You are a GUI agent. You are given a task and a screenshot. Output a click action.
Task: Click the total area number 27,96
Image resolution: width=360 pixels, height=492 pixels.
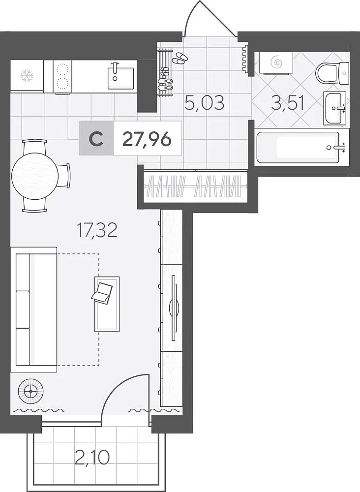[x=147, y=139]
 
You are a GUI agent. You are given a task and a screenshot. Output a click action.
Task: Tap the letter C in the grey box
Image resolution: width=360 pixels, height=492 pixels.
[x=96, y=139]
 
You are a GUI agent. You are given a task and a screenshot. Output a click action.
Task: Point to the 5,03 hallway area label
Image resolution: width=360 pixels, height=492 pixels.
[x=205, y=103]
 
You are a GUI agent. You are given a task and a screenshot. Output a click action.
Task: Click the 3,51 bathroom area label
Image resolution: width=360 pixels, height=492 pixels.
[x=288, y=103]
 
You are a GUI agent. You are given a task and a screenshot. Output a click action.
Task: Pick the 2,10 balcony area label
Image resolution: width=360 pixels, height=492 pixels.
[x=92, y=457]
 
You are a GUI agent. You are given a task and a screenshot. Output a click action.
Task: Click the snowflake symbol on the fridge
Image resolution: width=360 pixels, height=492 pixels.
[x=27, y=76]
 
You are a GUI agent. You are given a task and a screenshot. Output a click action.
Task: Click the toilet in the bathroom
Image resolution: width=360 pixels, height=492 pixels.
[x=332, y=73]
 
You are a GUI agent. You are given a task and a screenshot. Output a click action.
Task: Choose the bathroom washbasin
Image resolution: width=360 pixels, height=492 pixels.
[x=334, y=108]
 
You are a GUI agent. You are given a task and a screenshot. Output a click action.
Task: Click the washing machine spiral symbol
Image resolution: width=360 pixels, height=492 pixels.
[x=277, y=62]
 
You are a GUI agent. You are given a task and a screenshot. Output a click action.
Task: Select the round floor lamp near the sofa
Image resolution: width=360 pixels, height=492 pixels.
[x=30, y=391]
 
